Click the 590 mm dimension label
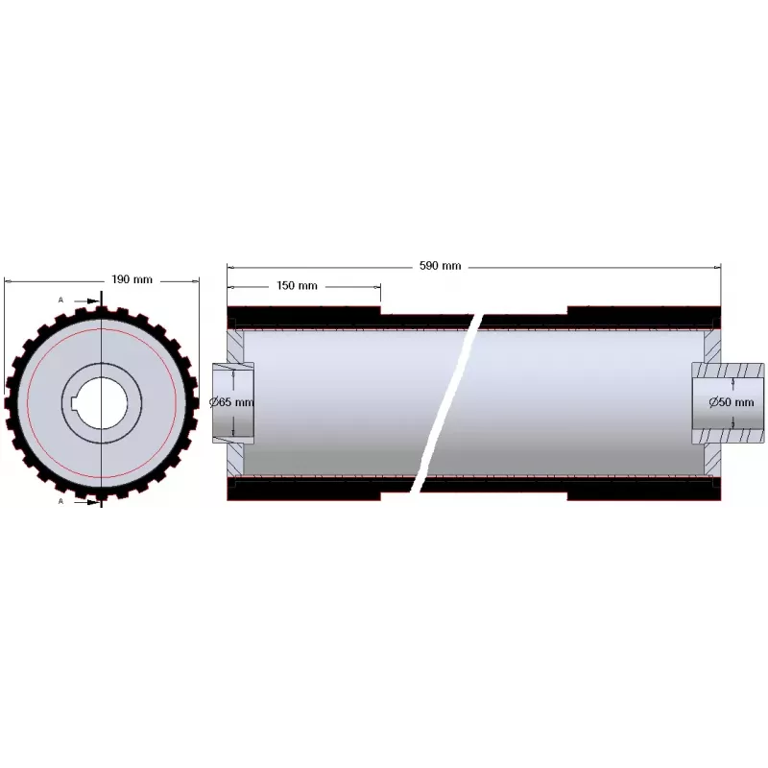point(440,266)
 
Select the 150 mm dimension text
point(297,285)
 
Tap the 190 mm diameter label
point(132,279)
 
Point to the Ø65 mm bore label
point(231,402)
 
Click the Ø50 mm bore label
point(732,402)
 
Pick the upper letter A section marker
point(60,300)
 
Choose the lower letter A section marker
point(60,501)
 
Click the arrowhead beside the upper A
point(93,301)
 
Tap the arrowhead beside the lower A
point(93,502)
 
